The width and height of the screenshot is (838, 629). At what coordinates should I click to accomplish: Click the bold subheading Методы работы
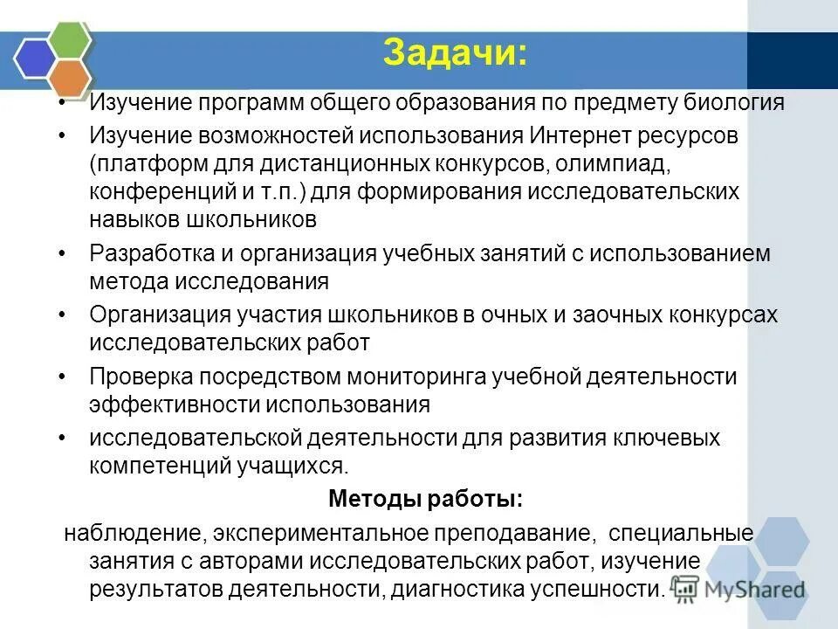(425, 499)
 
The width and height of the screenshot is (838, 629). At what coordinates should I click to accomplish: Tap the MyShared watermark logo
(738, 589)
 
